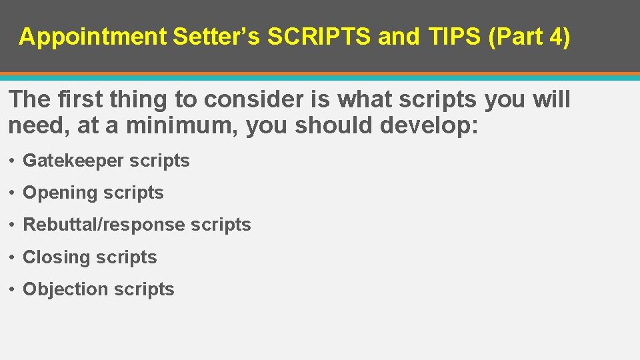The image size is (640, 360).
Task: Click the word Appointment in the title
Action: pyautogui.click(x=93, y=37)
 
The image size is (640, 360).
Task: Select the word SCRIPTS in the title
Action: pyautogui.click(x=319, y=37)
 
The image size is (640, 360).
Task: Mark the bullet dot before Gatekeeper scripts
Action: pyautogui.click(x=13, y=161)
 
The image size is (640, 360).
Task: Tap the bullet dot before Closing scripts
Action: pyautogui.click(x=13, y=257)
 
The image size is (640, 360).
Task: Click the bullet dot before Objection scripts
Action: pyautogui.click(x=13, y=289)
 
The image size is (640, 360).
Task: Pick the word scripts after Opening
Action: pyautogui.click(x=133, y=193)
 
